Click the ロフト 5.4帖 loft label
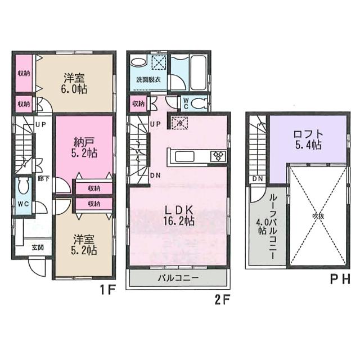tap(307, 139)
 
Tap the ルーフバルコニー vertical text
tap(272, 223)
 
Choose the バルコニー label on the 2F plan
tap(177, 278)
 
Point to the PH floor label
tap(339, 279)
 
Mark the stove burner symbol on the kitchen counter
tap(217, 156)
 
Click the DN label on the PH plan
tap(257, 179)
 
